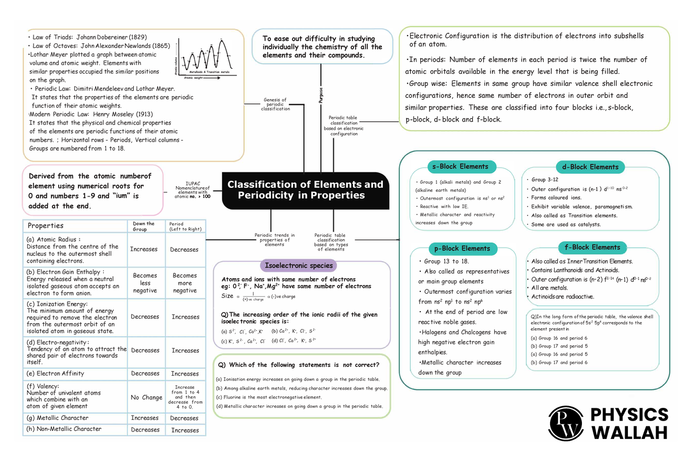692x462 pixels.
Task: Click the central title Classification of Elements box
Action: coord(305,190)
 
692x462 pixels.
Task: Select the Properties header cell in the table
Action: coord(46,226)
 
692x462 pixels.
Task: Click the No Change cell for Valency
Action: coord(146,397)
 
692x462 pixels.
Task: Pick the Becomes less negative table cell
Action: coord(145,283)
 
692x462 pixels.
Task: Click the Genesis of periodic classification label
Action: coord(276,104)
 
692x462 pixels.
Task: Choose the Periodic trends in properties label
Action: coord(274,240)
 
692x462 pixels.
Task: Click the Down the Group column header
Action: coord(144,226)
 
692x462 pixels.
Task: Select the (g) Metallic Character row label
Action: coord(58,418)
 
